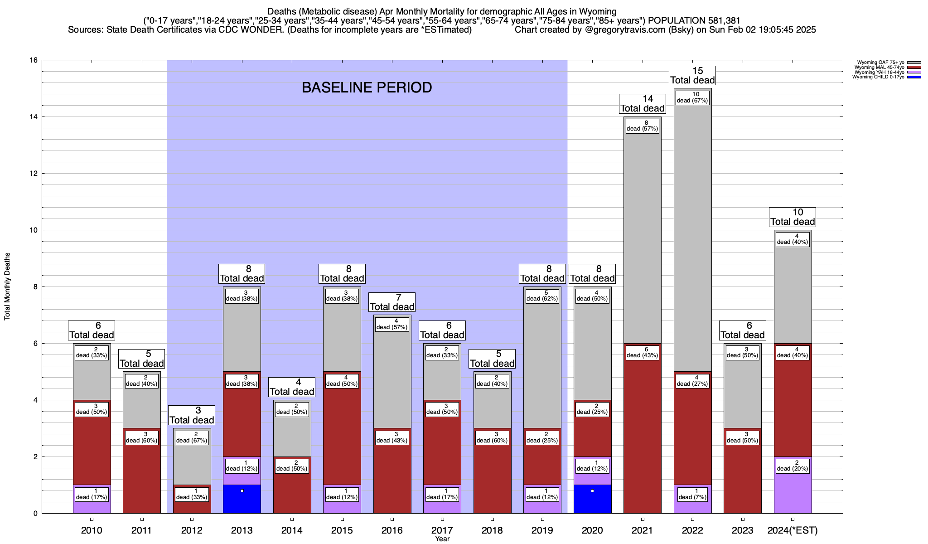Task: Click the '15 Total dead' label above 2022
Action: point(692,76)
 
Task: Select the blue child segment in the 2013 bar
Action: point(242,499)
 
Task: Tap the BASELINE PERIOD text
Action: point(367,87)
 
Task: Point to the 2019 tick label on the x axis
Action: point(542,530)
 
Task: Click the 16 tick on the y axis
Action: point(34,60)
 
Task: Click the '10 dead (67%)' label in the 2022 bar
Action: point(692,97)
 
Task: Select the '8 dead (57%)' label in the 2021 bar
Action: point(642,126)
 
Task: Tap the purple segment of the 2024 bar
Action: point(793,492)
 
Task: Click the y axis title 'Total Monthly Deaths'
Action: point(7,287)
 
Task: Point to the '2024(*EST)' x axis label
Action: point(793,530)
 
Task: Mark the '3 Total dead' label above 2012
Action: point(192,415)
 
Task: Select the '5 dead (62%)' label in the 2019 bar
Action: point(542,296)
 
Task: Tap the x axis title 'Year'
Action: point(442,539)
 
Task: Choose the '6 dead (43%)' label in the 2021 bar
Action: point(642,352)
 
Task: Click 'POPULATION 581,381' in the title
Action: point(694,20)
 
